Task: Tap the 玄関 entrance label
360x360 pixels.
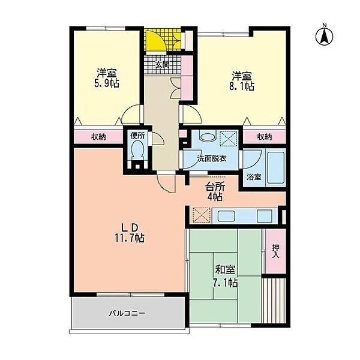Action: [162, 64]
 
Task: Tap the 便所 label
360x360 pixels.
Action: [137, 136]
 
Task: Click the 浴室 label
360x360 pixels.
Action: [254, 178]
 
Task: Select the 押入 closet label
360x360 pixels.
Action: [275, 250]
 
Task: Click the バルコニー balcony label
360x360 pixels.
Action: [127, 313]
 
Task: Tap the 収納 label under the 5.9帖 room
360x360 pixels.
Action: [98, 137]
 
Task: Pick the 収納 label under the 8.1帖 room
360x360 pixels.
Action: [264, 137]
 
